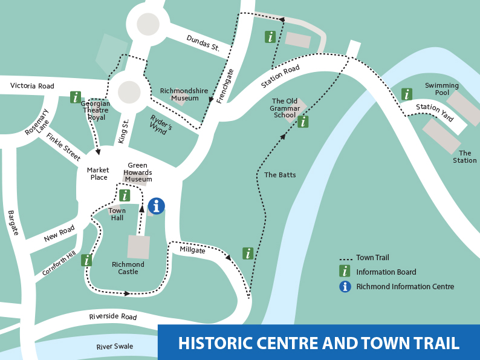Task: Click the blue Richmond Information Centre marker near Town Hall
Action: click(x=156, y=206)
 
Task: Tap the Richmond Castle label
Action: click(x=128, y=268)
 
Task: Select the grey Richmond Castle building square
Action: click(x=138, y=247)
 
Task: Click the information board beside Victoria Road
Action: click(x=75, y=97)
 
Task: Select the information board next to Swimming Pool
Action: click(x=407, y=94)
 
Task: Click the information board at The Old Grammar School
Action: click(x=303, y=122)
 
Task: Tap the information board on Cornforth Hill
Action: click(x=86, y=260)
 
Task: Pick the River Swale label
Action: click(x=115, y=347)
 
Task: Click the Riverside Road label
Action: click(x=113, y=316)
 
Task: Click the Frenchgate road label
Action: click(x=225, y=85)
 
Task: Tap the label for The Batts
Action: click(x=280, y=175)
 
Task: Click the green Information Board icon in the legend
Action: click(x=345, y=271)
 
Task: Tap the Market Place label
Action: click(x=97, y=174)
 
